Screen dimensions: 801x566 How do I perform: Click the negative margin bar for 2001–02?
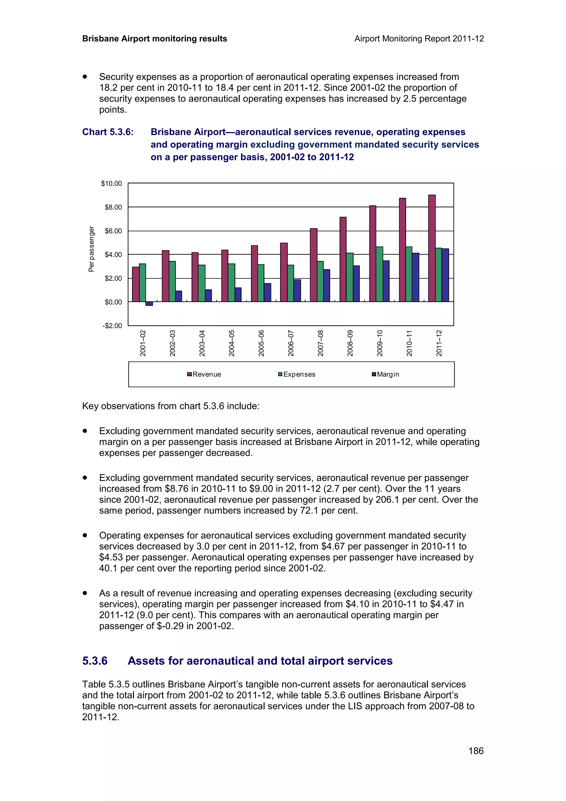(149, 303)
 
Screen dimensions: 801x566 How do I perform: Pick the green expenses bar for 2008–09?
(350, 277)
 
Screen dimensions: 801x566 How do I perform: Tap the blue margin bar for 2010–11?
(415, 277)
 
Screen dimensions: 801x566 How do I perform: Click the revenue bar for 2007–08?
(313, 265)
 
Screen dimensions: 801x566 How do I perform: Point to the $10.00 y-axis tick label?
(112, 184)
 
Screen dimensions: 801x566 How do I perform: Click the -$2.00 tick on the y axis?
(112, 326)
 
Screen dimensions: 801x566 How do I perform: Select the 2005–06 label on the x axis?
(261, 343)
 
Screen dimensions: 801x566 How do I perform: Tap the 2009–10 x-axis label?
(380, 343)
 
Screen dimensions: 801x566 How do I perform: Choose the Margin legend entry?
(386, 374)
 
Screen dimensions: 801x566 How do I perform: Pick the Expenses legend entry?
(297, 374)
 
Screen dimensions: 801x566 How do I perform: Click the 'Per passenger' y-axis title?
(91, 249)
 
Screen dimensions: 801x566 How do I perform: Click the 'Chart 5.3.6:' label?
(108, 132)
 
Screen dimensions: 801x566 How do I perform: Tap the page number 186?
(476, 751)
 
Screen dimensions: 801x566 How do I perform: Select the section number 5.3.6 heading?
(95, 661)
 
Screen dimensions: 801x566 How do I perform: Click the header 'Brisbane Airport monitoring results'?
(154, 39)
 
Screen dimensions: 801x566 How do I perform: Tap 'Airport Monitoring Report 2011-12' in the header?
(419, 39)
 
